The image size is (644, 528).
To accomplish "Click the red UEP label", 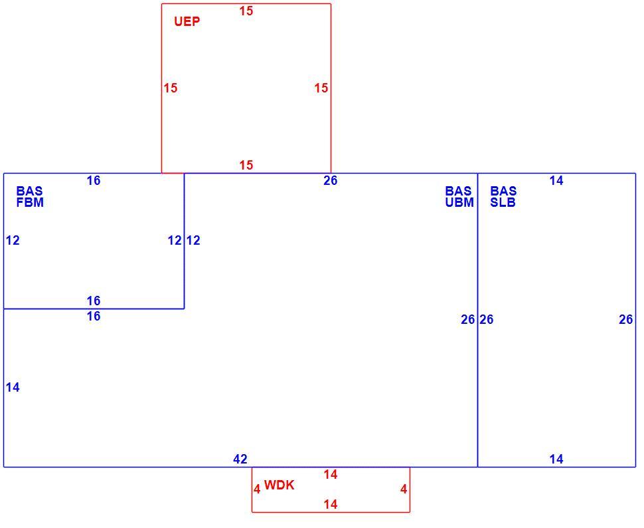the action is (x=187, y=21).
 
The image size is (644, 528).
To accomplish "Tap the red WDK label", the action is (x=280, y=485).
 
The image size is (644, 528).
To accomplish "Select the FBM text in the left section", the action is (x=30, y=202).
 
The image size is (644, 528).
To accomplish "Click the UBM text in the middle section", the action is (x=459, y=202).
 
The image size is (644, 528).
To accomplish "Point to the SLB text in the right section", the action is (x=503, y=202).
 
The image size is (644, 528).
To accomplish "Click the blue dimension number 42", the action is (x=240, y=459).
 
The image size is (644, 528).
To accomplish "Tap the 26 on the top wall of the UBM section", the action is (x=330, y=180).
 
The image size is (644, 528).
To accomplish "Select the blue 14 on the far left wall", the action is (x=13, y=387).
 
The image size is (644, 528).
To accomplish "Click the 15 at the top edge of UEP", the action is (x=246, y=11).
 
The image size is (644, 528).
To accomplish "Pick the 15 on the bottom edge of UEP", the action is (x=246, y=165).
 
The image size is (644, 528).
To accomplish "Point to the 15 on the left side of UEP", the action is (x=171, y=88).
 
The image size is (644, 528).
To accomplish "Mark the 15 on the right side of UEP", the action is (x=321, y=88).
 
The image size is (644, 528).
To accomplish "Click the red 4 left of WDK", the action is (x=257, y=489).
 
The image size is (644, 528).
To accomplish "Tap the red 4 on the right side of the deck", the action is (x=404, y=489).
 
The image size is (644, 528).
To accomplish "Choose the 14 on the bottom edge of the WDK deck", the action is (x=330, y=504).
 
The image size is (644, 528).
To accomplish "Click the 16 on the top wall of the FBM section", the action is (x=94, y=180).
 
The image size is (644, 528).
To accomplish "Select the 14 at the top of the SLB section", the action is (x=556, y=180).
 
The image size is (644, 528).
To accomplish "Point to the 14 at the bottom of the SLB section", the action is (x=556, y=459).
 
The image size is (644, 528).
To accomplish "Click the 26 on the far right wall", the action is (x=626, y=319).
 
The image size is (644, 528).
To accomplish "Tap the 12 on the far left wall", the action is (x=13, y=240).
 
